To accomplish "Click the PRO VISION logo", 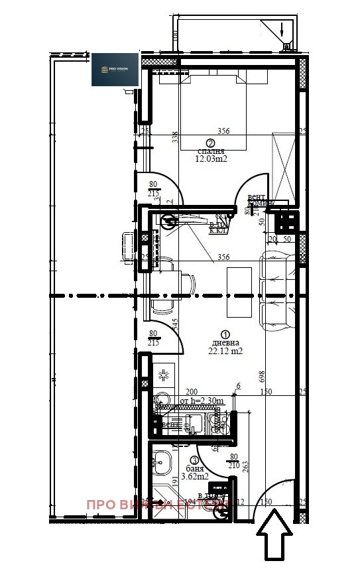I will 115,69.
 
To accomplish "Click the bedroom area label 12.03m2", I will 211,159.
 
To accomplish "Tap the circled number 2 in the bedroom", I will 210,143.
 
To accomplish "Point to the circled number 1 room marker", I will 225,335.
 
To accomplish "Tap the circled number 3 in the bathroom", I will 194,460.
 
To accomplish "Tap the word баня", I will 195,468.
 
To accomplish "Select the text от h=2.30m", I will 202,401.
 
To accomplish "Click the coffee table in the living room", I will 239,292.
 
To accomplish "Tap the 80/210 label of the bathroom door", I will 233,460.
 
